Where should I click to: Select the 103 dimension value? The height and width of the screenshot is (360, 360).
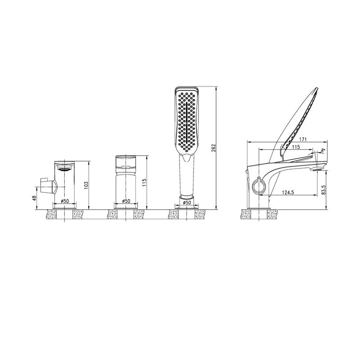pyautogui.click(x=86, y=185)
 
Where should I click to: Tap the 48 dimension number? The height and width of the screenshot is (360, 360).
pyautogui.click(x=34, y=198)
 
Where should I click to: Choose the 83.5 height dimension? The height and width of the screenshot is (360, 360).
pyautogui.click(x=324, y=190)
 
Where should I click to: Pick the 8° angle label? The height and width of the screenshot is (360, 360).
pyautogui.click(x=323, y=150)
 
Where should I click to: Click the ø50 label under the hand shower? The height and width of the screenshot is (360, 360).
pyautogui.click(x=187, y=202)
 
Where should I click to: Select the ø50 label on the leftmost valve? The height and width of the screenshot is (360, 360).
pyautogui.click(x=65, y=201)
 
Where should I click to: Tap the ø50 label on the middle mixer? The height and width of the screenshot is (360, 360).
pyautogui.click(x=126, y=201)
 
